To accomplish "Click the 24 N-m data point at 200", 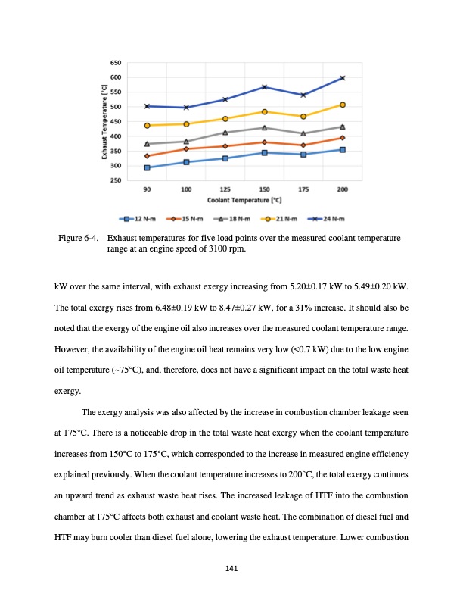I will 343,78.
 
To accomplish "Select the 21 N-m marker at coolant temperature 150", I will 264,112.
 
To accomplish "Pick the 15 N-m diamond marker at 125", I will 225,146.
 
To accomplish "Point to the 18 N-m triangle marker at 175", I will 303,133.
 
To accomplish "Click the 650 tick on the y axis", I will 116,62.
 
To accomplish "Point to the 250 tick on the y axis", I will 116,180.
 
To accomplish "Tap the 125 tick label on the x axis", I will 225,189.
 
